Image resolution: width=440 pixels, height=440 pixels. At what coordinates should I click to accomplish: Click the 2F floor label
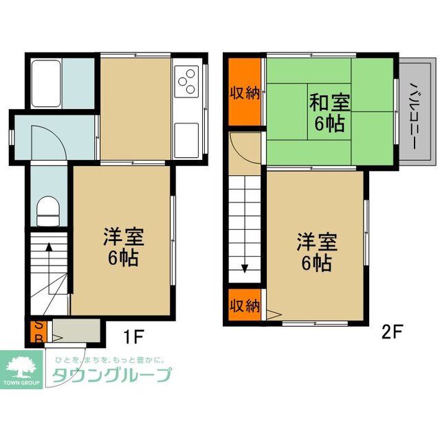[392, 332]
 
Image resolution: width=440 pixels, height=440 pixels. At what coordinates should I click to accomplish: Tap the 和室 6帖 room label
[329, 113]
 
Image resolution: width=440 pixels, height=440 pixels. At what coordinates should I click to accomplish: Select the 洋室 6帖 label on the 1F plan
[123, 248]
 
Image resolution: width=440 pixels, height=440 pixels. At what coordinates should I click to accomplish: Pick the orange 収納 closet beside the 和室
[244, 93]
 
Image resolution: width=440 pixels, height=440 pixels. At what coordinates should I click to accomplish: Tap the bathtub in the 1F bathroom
[46, 82]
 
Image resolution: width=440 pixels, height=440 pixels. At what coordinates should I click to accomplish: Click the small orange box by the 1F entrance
[38, 332]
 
